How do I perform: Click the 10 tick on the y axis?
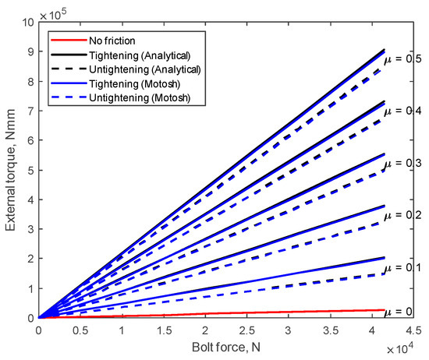coord(27,23)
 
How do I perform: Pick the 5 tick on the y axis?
coord(30,170)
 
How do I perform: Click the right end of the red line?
coord(384,310)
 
